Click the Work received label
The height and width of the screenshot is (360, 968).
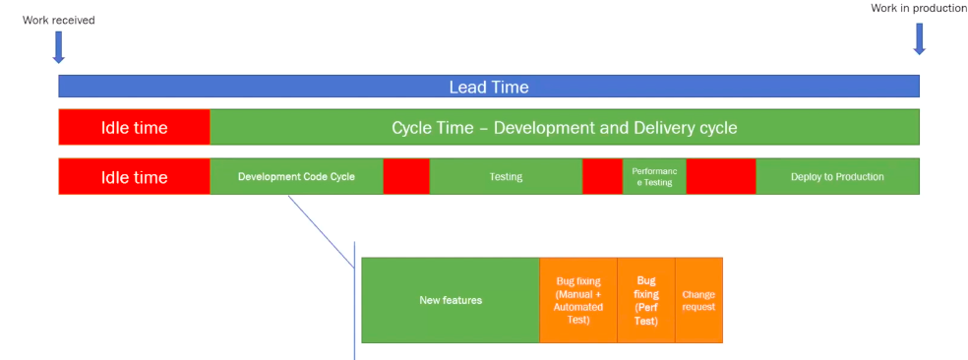59,21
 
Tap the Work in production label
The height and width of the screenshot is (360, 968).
919,8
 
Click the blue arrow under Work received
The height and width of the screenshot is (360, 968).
59,47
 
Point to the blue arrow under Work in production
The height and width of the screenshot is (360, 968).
919,39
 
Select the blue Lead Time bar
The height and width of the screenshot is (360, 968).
489,87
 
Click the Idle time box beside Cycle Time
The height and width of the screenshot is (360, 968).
135,127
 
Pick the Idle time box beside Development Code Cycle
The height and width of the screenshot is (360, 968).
135,177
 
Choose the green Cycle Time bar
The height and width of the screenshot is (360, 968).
565,127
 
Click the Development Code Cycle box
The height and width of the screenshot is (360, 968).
297,177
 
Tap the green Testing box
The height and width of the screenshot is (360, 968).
507,177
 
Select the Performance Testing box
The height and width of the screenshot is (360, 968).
654,177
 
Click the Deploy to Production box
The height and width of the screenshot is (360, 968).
838,177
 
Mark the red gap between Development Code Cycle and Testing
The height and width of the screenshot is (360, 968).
406,177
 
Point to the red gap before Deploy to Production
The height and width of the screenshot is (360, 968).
721,177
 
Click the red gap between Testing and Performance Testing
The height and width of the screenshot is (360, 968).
602,177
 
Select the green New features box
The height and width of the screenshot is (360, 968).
451,300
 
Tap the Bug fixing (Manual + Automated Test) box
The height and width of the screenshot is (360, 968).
578,300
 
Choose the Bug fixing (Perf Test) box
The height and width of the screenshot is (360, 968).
646,300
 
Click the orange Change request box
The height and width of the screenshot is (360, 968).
698,300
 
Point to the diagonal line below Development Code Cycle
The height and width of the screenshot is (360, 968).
321,232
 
